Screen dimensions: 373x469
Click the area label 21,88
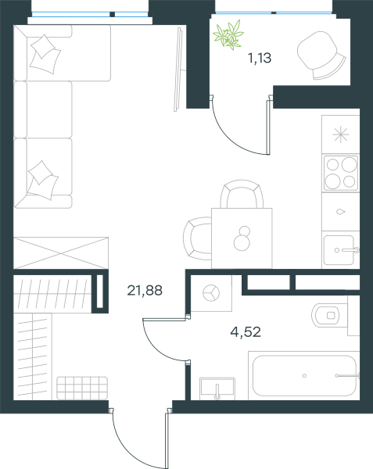(145, 291)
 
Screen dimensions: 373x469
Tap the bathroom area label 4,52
(246, 332)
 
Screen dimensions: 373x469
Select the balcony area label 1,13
(260, 58)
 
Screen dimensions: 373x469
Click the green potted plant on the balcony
(228, 34)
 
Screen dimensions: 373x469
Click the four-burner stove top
(341, 173)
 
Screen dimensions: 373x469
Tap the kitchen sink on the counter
(341, 250)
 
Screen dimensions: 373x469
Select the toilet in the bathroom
(330, 315)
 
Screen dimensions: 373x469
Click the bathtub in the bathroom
(304, 376)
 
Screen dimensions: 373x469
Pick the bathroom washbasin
(217, 388)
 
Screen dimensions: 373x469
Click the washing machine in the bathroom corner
(211, 293)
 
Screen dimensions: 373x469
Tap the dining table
(242, 238)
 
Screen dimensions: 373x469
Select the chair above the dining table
(242, 194)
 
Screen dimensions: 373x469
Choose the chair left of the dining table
(197, 238)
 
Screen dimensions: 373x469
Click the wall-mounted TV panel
(179, 70)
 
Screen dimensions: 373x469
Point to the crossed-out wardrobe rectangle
(61, 252)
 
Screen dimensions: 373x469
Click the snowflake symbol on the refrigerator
(341, 134)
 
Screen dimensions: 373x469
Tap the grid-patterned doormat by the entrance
(82, 388)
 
